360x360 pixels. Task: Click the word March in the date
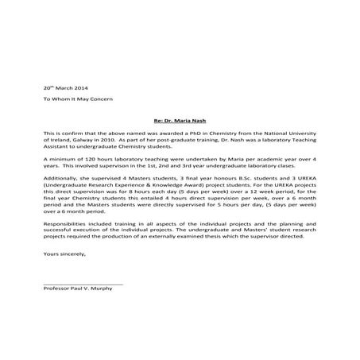(64, 87)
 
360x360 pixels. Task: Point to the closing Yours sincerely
(63, 256)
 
